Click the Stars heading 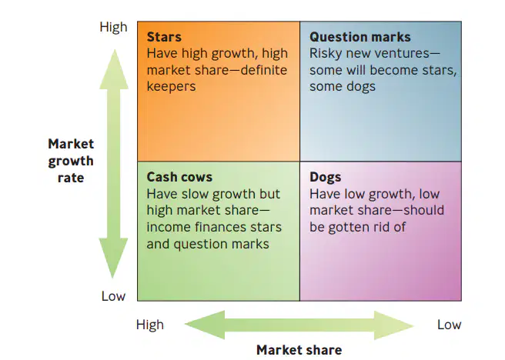click(164, 37)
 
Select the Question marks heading click(360, 38)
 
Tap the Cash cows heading click(179, 177)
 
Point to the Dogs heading click(326, 177)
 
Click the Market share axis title click(299, 350)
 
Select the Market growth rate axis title click(71, 161)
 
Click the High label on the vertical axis click(113, 27)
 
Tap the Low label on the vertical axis click(113, 296)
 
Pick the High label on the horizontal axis click(150, 325)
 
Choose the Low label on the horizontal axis click(450, 325)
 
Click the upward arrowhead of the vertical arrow click(114, 69)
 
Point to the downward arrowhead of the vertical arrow click(113, 258)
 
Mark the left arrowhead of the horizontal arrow click(205, 325)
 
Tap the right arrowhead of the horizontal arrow click(394, 325)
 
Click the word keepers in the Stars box click(171, 87)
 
